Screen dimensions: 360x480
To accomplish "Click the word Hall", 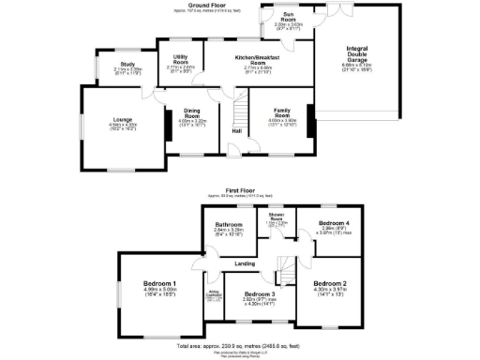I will coord(237,130).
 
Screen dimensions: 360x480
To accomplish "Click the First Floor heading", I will coord(240,189).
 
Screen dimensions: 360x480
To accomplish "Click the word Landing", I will coord(246,264).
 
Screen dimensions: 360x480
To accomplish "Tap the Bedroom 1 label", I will coord(159,283).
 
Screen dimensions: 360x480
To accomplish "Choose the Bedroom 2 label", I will coord(330,283).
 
